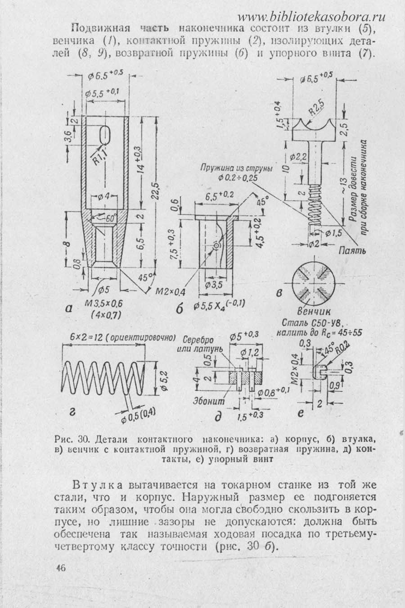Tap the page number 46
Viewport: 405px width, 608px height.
(61, 567)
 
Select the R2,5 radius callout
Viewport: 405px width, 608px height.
(316, 108)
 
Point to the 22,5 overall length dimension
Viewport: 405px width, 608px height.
(156, 191)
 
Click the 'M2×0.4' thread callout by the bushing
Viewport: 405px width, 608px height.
(171, 292)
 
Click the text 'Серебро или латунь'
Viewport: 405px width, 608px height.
(199, 344)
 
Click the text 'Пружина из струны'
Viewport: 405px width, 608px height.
(237, 168)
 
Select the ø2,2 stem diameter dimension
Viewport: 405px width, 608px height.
(297, 157)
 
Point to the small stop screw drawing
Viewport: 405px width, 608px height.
(319, 372)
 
